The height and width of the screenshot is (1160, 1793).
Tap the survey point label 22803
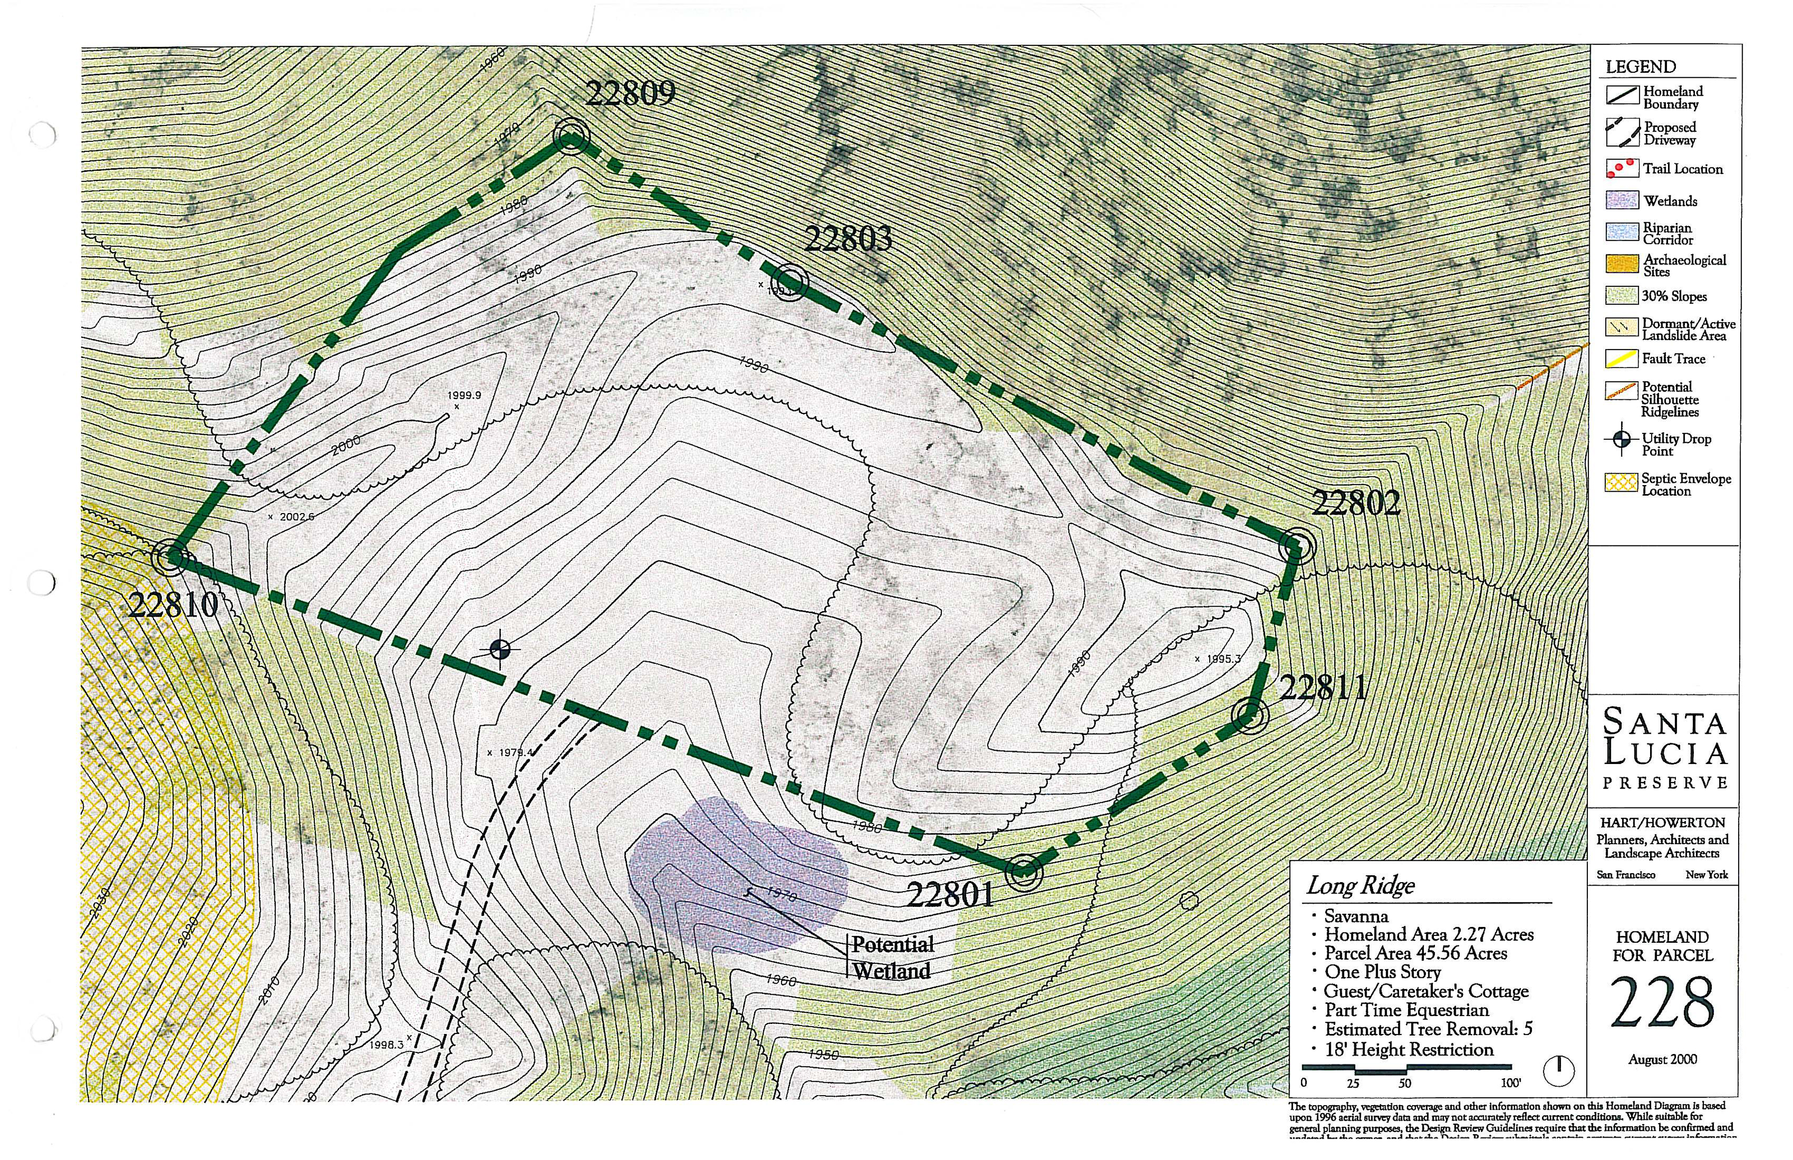tap(848, 240)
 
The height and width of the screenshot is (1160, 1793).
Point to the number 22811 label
tap(1322, 688)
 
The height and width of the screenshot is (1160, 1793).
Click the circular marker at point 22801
tap(1024, 872)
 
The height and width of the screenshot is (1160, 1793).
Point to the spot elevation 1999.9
tap(464, 394)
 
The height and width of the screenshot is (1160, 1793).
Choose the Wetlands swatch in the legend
tap(1621, 200)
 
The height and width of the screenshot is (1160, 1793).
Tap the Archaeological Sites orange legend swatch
tap(1621, 264)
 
